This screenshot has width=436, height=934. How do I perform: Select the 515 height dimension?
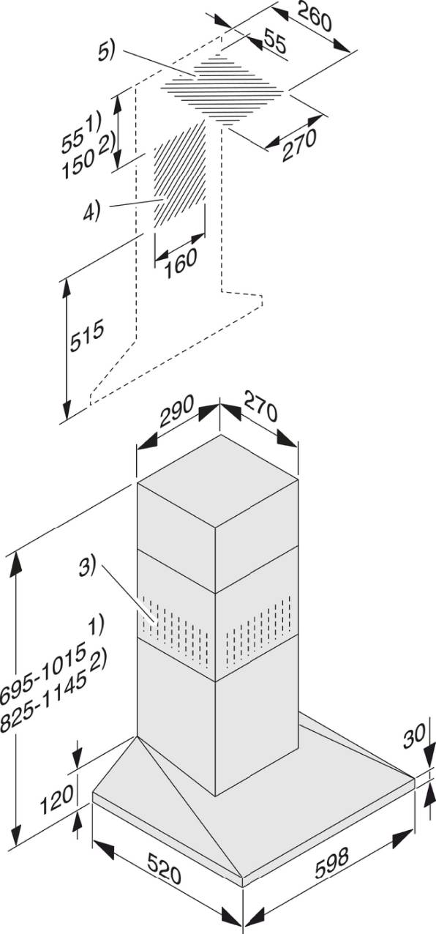(x=87, y=336)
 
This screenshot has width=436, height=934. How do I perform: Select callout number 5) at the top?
(x=106, y=53)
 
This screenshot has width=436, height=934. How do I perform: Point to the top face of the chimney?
(x=217, y=480)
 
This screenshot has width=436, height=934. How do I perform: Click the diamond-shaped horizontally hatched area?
(x=223, y=89)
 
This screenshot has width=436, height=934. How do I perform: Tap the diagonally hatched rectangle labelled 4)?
(x=180, y=175)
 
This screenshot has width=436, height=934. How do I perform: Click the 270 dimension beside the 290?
(x=260, y=406)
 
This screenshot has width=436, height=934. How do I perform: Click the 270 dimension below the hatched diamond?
(x=299, y=144)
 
